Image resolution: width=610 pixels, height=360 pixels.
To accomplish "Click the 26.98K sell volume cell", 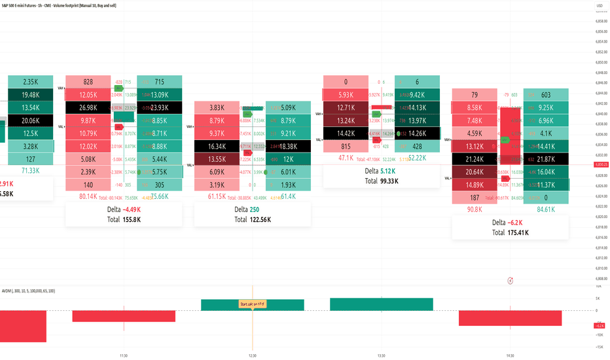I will pos(88,107).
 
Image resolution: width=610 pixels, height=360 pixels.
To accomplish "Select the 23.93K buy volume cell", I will pos(160,107).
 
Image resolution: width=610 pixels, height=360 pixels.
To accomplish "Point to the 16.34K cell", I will pos(217,147).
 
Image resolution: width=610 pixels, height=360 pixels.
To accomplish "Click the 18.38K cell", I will pos(288,147).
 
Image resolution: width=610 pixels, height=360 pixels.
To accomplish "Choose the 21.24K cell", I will pos(475,159).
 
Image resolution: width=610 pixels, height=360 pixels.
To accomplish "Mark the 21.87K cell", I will pos(546,159).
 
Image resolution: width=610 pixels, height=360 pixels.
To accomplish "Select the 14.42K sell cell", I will pos(346,134).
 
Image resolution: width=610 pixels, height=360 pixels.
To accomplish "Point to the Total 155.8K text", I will pos(123,219).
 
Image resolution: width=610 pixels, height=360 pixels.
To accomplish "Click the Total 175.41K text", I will pos(511,232).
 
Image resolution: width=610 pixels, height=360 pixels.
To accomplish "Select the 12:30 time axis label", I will pos(253,355).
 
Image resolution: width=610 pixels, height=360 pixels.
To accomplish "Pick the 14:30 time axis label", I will pos(510,355).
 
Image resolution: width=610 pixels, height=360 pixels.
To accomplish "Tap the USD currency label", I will pos(600,7).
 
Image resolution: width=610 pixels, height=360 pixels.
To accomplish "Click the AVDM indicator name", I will pos(8,290).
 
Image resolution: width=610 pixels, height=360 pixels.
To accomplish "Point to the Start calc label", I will pos(253,304).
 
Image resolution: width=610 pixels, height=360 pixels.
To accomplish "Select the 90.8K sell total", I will pos(475,209).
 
